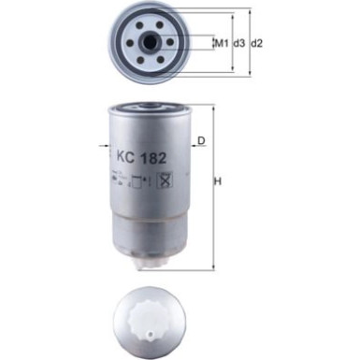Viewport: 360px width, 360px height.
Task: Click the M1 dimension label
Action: (x=222, y=43)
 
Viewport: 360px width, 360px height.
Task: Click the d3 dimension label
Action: (x=238, y=43)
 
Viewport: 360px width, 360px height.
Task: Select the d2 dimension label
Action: (x=257, y=43)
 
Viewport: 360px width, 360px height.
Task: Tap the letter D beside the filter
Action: (x=201, y=142)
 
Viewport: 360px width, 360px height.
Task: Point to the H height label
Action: (x=218, y=181)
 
